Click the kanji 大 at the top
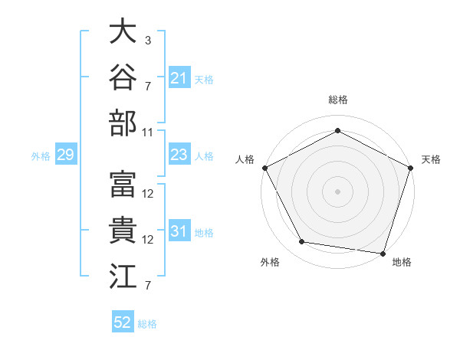[123, 31]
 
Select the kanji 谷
[123, 77]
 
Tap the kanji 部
[123, 123]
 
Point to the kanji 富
[123, 184]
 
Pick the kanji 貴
[123, 230]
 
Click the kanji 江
[123, 276]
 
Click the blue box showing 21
[179, 77]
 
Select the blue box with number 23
[179, 154]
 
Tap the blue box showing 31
[179, 230]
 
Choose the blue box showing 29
[66, 154]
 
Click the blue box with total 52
[123, 321]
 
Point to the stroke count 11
[147, 133]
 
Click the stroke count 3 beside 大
[148, 41]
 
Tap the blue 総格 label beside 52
[147, 324]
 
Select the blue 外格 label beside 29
[41, 156]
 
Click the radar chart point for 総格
[337, 130]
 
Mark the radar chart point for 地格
[383, 254]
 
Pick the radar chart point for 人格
[265, 168]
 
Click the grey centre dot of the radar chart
[337, 191]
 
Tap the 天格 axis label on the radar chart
[431, 159]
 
